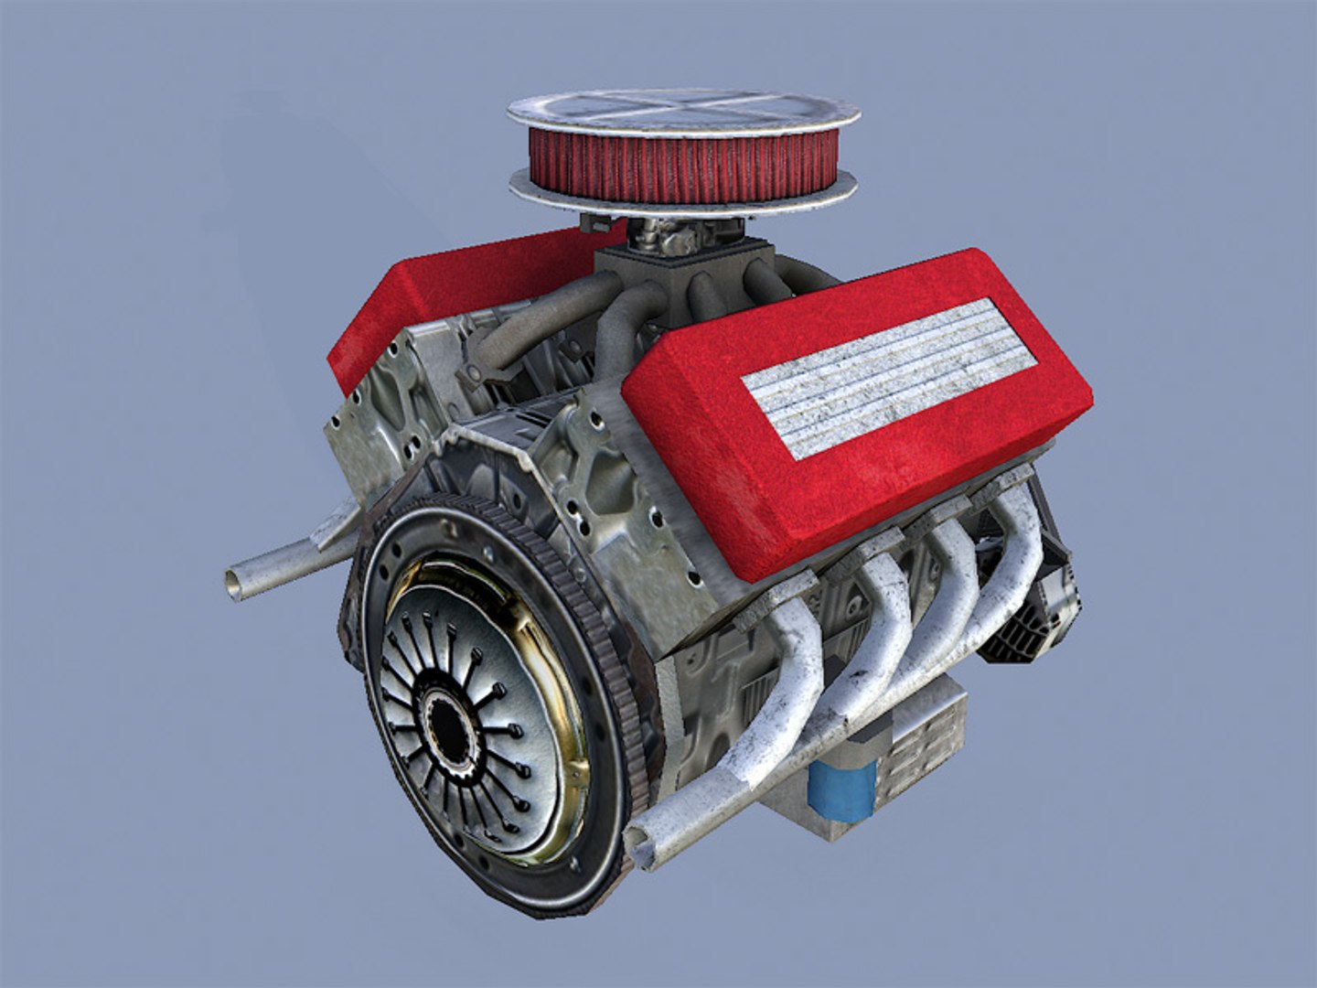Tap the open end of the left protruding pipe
click(235, 583)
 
